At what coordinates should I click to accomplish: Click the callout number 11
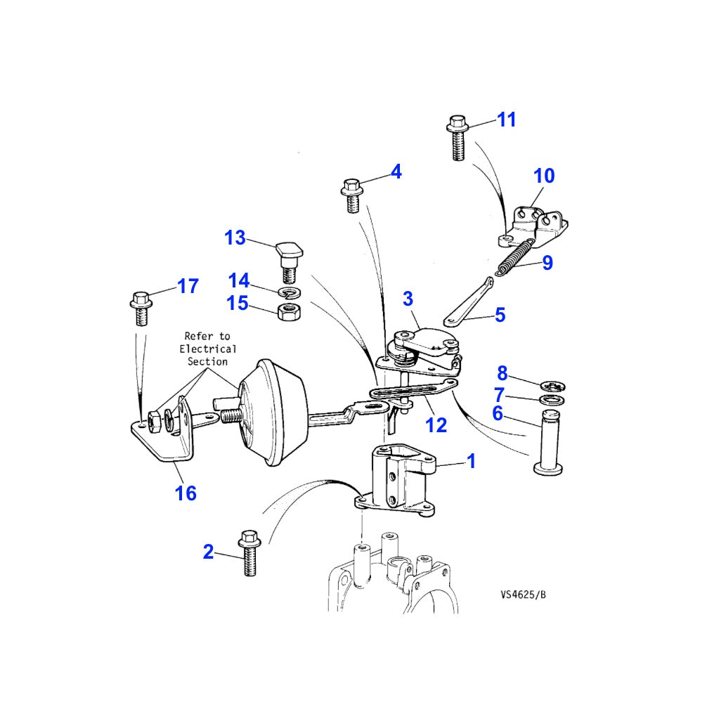pos(507,119)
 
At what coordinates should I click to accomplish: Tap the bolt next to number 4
pos(353,194)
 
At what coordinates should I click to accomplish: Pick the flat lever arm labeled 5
pos(469,301)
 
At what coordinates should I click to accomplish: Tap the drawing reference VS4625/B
pos(523,595)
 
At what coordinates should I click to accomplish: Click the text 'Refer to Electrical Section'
pos(207,349)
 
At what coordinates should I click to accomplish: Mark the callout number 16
pos(186,493)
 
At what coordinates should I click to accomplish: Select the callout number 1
pos(471,461)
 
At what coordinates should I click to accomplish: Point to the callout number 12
pos(436,424)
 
